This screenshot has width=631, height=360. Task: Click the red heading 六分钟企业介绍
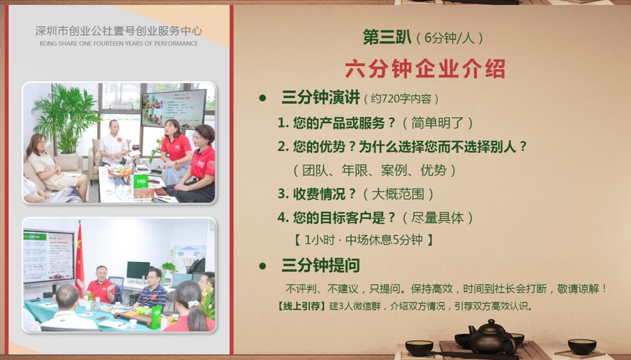click(x=425, y=69)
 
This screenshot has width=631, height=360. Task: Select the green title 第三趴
click(x=387, y=38)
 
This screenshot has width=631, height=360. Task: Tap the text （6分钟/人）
click(x=449, y=38)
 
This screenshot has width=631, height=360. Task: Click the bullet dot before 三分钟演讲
click(x=263, y=98)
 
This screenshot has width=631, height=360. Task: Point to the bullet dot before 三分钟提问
click(x=263, y=266)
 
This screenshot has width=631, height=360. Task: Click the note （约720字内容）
click(x=401, y=99)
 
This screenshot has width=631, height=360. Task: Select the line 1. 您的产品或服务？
click(x=337, y=123)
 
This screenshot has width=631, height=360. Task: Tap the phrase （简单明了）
click(x=438, y=123)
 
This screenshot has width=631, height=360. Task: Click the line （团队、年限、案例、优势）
click(x=374, y=171)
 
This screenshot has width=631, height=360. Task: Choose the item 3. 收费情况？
click(x=317, y=194)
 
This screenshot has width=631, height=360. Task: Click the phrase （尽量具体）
click(x=437, y=218)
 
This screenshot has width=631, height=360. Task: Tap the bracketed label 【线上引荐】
click(x=302, y=306)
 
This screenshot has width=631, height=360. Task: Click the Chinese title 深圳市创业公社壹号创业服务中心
click(x=119, y=30)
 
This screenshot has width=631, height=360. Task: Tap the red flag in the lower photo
click(x=79, y=258)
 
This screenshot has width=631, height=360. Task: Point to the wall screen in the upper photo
click(x=174, y=109)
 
